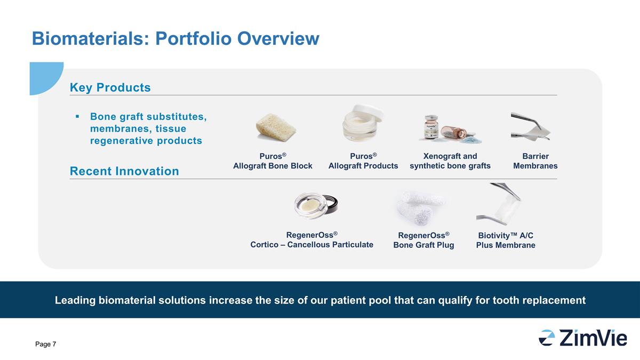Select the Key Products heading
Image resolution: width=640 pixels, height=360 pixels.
(x=110, y=87)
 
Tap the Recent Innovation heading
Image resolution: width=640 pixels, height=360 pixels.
(x=124, y=171)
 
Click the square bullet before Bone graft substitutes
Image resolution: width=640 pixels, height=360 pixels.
(x=77, y=116)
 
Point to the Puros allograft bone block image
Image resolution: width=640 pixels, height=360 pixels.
(x=276, y=127)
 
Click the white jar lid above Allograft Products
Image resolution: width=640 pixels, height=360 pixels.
(x=368, y=113)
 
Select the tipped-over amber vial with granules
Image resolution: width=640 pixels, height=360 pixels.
(x=454, y=133)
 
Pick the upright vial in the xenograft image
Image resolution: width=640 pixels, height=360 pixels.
(x=431, y=127)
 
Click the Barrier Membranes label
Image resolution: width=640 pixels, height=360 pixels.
(x=535, y=161)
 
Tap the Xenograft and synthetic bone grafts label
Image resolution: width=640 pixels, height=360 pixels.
(x=450, y=161)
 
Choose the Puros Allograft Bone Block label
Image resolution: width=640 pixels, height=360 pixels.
(x=273, y=161)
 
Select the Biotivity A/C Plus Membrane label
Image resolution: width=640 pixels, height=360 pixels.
(x=506, y=240)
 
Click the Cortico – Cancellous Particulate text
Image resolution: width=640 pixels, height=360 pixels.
(x=311, y=245)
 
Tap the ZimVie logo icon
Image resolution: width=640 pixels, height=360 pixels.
(x=547, y=338)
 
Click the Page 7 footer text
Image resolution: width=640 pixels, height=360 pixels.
(x=45, y=344)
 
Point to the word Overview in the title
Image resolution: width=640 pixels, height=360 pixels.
(x=278, y=38)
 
